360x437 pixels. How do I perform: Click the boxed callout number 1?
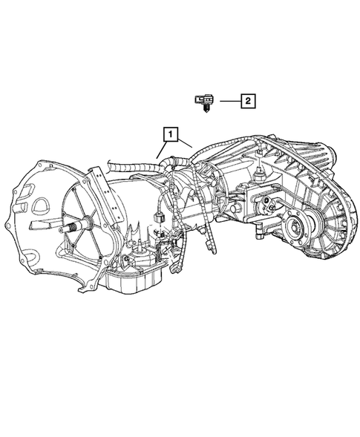(171, 134)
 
